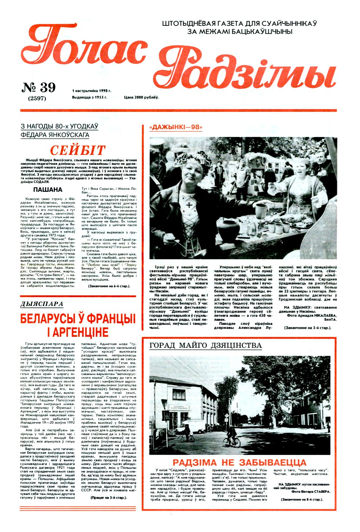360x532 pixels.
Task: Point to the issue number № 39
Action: pyautogui.click(x=39, y=88)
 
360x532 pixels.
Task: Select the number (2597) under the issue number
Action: pyautogui.click(x=37, y=98)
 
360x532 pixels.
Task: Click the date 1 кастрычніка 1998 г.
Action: pyautogui.click(x=92, y=90)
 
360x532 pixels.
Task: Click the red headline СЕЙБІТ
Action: pyautogui.click(x=78, y=150)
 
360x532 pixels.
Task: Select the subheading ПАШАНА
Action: pyautogui.click(x=48, y=190)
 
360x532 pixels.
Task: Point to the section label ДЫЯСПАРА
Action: pyautogui.click(x=42, y=304)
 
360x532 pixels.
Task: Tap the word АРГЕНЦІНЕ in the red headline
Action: pyautogui.click(x=78, y=332)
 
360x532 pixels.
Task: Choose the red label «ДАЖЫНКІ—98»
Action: pyautogui.click(x=176, y=127)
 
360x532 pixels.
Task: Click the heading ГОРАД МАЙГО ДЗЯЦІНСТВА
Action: pyautogui.click(x=206, y=345)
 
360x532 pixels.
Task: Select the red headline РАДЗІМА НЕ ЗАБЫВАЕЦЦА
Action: pyautogui.click(x=239, y=463)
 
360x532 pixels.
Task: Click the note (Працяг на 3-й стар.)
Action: pyautogui.click(x=109, y=497)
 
